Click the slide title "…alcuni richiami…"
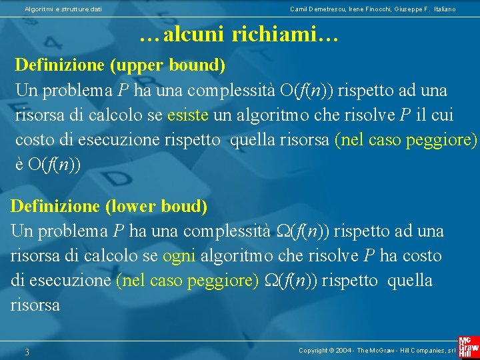(x=239, y=35)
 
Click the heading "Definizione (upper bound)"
(x=120, y=65)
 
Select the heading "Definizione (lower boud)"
(x=109, y=207)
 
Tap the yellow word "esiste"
(x=189, y=115)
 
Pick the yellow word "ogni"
(x=179, y=256)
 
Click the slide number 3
(x=27, y=351)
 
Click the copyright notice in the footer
(x=377, y=351)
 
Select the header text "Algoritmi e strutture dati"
(x=63, y=9)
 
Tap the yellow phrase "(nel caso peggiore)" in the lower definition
(x=187, y=281)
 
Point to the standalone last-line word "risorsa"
(x=35, y=305)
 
